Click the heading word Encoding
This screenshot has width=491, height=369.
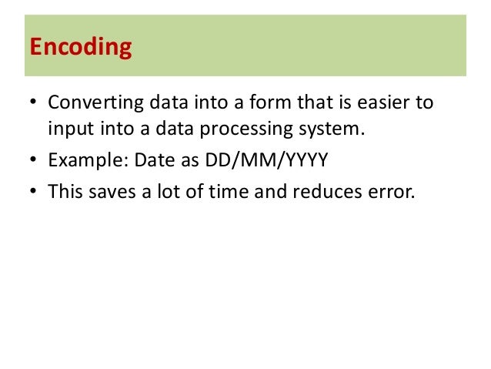[x=81, y=47]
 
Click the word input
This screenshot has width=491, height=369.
[x=69, y=129]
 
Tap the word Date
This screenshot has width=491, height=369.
[x=150, y=160]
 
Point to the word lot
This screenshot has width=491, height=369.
[x=167, y=191]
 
